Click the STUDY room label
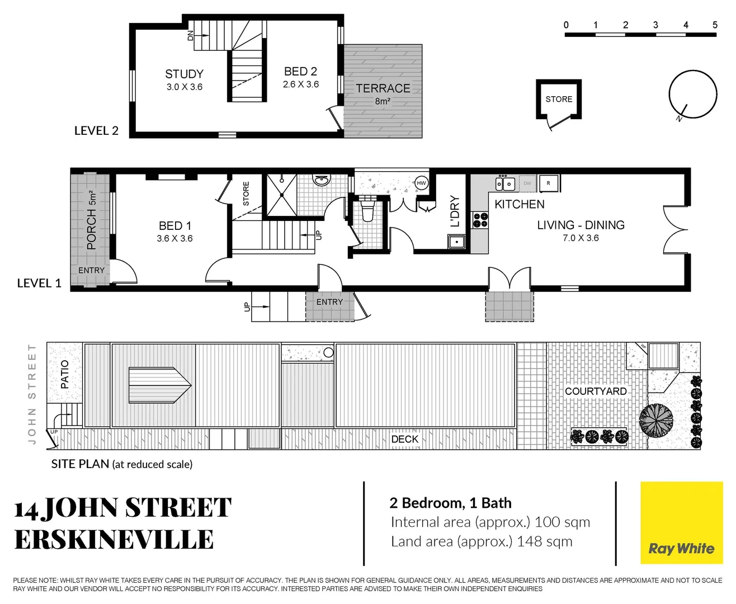point(184,74)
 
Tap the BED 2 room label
point(300,72)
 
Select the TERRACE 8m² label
point(383,89)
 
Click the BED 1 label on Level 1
point(174,226)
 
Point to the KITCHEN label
point(519,205)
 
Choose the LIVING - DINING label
point(581,225)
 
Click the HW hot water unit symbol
point(421,183)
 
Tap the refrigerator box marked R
point(549,183)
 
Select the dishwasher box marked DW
point(527,183)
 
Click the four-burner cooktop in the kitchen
point(480,220)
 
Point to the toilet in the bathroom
point(367,212)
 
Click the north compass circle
point(693,95)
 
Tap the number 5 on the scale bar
point(715,25)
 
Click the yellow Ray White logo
point(681,523)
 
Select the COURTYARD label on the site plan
point(596,391)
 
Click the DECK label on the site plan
point(404,439)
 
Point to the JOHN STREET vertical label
point(32,394)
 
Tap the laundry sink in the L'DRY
point(456,242)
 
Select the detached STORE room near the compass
point(559,99)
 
